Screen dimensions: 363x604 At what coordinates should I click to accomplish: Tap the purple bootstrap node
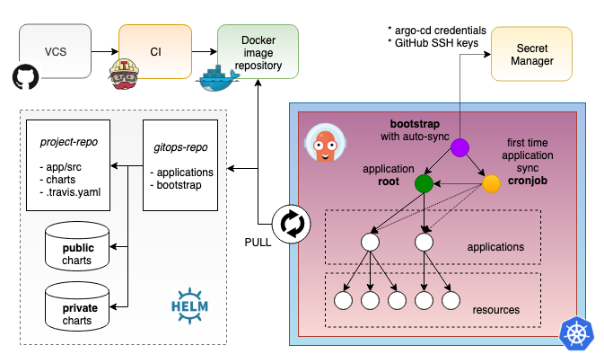tap(460, 147)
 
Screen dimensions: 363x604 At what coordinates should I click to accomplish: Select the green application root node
tap(425, 183)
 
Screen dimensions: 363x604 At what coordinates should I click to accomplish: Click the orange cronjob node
tap(491, 183)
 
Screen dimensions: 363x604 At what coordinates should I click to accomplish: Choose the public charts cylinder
tap(77, 250)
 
